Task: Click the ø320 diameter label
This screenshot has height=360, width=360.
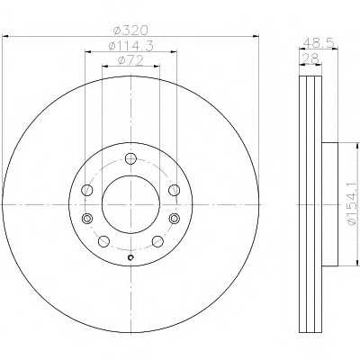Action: click(x=130, y=31)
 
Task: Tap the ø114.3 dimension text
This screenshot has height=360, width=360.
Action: click(x=130, y=46)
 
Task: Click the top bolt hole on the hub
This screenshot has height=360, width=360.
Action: click(x=131, y=160)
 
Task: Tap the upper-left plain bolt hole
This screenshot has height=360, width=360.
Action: click(x=87, y=191)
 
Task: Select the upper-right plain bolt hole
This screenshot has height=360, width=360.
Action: click(x=175, y=191)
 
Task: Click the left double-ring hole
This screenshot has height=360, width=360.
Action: click(x=87, y=220)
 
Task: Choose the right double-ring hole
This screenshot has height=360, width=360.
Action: click(x=175, y=220)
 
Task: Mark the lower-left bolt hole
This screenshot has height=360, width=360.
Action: click(x=104, y=241)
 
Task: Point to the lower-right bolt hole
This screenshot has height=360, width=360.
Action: click(x=158, y=241)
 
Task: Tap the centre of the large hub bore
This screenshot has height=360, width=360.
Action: click(x=131, y=205)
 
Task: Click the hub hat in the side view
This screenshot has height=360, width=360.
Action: click(x=328, y=204)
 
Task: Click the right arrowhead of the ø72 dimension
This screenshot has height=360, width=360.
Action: click(x=159, y=67)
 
